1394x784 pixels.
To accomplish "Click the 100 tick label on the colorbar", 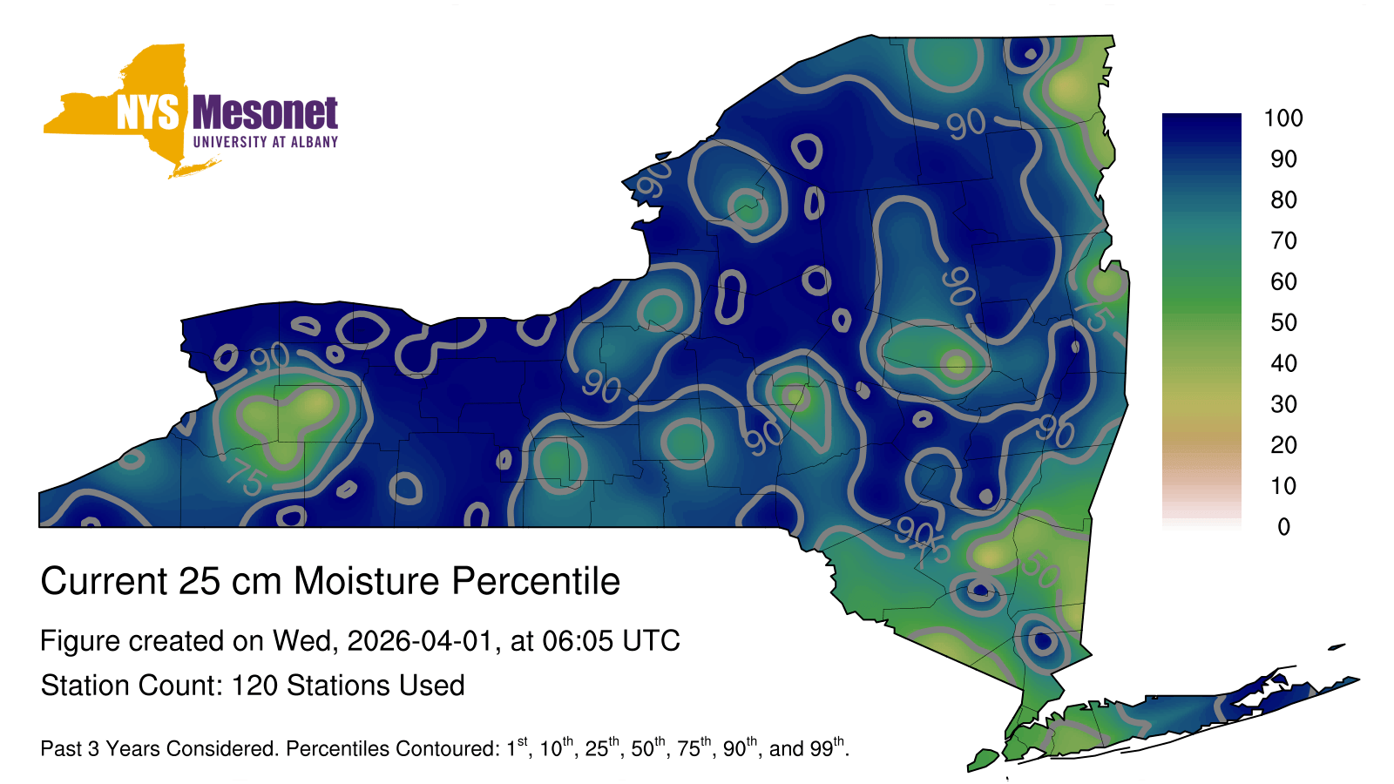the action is pyautogui.click(x=1283, y=118).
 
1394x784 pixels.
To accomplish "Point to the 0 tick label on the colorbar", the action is pyautogui.click(x=1284, y=526).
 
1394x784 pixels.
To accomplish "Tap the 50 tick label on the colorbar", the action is pyautogui.click(x=1284, y=322).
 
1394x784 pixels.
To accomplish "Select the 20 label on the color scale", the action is pyautogui.click(x=1284, y=445).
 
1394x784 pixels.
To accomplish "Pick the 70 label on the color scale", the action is pyautogui.click(x=1284, y=240).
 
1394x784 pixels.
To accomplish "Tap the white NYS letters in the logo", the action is pyautogui.click(x=147, y=112).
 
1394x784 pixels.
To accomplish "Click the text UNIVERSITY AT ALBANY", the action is pyautogui.click(x=266, y=142).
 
